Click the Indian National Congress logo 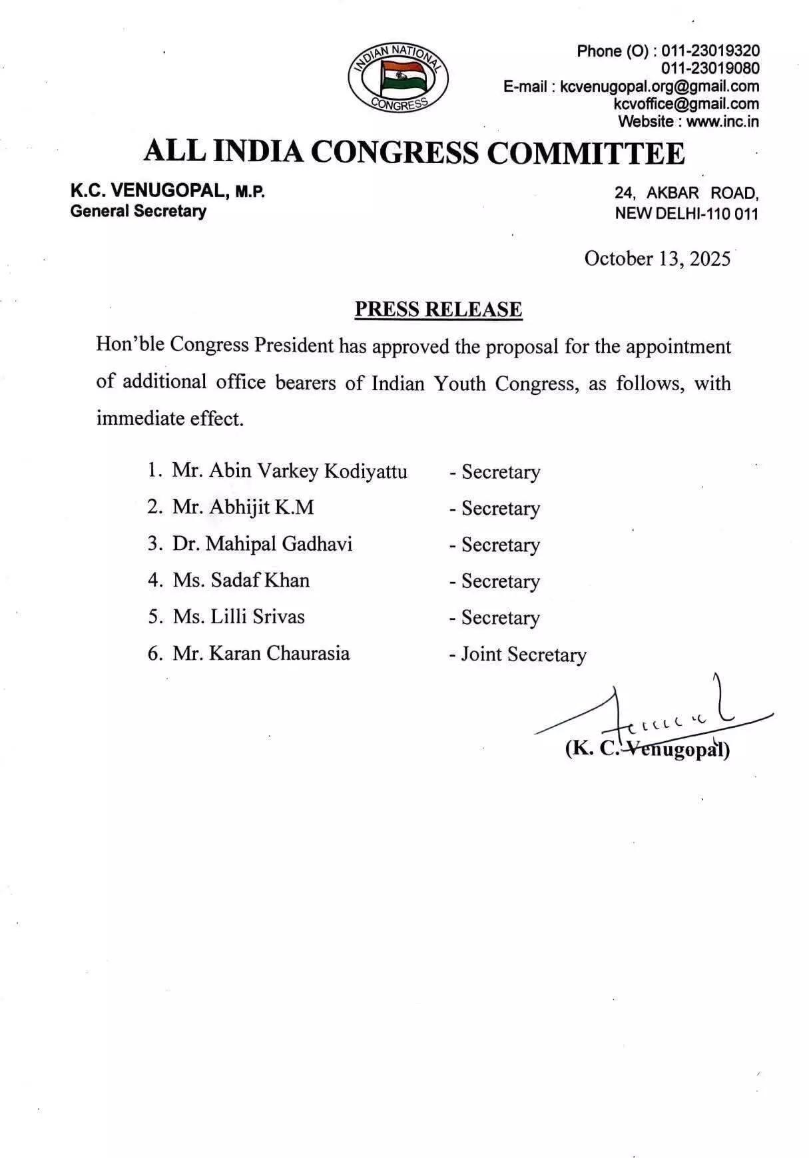click(x=398, y=77)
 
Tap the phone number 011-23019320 click(x=710, y=51)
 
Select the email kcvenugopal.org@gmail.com click(x=659, y=87)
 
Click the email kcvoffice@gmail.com click(x=686, y=104)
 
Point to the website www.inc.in click(x=722, y=122)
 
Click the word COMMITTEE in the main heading click(x=586, y=153)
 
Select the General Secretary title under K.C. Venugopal click(x=138, y=212)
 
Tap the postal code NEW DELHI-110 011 click(x=686, y=214)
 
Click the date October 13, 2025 click(x=657, y=258)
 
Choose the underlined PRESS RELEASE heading click(x=438, y=310)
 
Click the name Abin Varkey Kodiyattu click(x=308, y=471)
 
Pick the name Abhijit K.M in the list click(x=262, y=507)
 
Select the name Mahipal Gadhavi click(x=279, y=544)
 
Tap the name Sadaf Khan click(x=260, y=580)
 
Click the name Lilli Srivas click(x=258, y=617)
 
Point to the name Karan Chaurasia click(x=280, y=653)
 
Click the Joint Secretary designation click(x=523, y=655)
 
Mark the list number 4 click(x=154, y=581)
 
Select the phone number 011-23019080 click(x=710, y=69)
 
